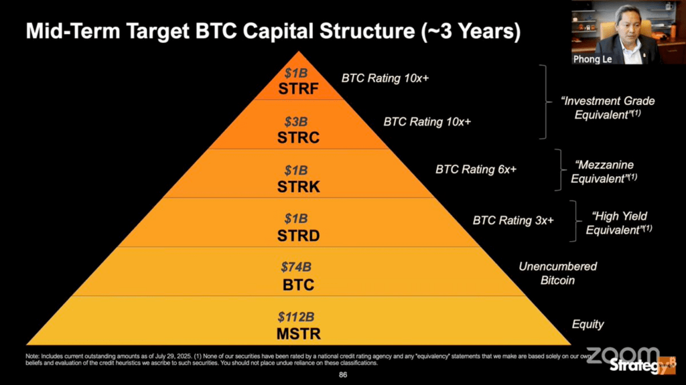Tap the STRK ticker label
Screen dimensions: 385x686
299,187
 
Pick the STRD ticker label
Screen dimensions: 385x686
299,236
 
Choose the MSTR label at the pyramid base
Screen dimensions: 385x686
299,333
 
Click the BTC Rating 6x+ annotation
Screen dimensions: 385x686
476,169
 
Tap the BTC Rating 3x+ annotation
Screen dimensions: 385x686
513,220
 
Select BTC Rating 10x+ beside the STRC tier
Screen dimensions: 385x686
427,122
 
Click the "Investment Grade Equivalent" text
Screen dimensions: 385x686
608,107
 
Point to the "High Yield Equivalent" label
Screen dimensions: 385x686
619,222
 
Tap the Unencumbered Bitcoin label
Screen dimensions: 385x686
557,273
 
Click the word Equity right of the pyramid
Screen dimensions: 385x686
588,324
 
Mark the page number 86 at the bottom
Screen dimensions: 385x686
343,375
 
